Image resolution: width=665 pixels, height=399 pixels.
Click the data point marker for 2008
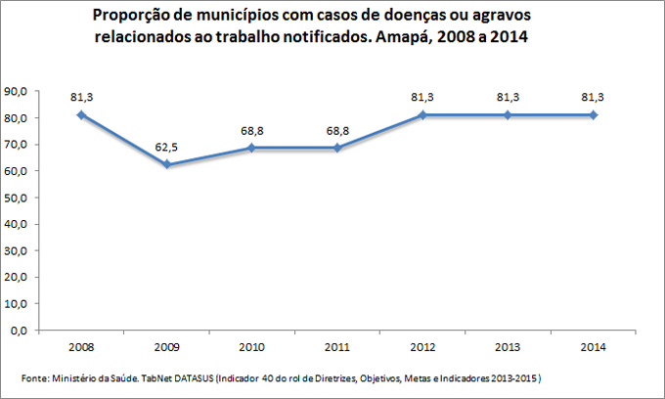[x=81, y=114]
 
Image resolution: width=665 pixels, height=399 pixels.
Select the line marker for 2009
[x=166, y=164]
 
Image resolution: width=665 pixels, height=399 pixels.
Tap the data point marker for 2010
[x=252, y=148]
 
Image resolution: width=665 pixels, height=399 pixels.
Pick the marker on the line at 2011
[x=337, y=148]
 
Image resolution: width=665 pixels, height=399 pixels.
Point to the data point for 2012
[x=422, y=114]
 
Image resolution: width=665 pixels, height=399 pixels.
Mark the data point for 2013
[x=508, y=114]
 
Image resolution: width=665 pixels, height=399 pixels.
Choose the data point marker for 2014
[x=594, y=114]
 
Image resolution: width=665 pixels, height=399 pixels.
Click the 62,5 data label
[x=166, y=147]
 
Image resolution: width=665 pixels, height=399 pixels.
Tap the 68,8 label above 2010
[x=252, y=130]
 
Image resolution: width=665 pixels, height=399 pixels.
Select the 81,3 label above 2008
[x=81, y=97]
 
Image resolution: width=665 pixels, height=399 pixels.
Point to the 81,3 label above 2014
[x=594, y=97]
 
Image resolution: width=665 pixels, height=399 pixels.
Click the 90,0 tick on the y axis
[x=17, y=91]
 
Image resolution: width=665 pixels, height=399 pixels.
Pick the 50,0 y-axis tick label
[x=17, y=198]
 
